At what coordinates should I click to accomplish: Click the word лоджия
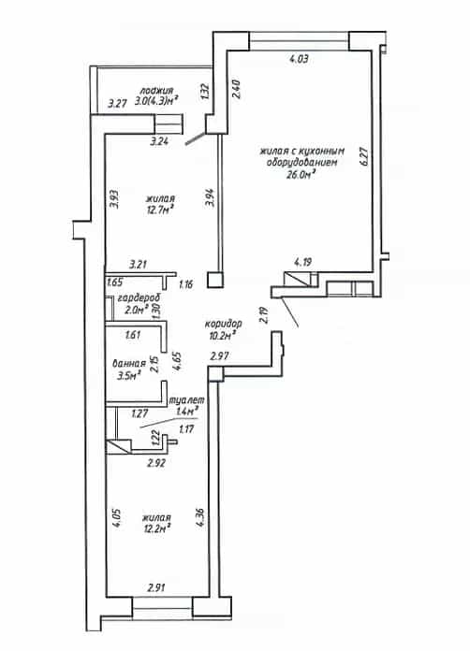(x=156, y=91)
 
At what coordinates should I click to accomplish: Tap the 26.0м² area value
(x=300, y=174)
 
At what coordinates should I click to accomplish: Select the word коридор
(x=223, y=324)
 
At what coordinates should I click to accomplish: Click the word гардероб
(x=139, y=298)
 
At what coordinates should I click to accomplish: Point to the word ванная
(x=129, y=363)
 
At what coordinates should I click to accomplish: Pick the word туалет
(x=186, y=400)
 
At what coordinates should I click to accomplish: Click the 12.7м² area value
(x=160, y=210)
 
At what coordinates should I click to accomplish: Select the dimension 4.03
(x=299, y=59)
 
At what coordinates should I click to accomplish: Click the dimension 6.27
(x=364, y=156)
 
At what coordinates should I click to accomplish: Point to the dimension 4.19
(x=303, y=262)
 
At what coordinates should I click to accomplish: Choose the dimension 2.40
(x=236, y=89)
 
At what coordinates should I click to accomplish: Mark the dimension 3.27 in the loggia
(x=117, y=103)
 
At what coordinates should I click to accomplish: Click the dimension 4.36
(x=201, y=517)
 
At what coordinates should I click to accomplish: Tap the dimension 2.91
(x=157, y=587)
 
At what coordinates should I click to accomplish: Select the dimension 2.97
(x=219, y=355)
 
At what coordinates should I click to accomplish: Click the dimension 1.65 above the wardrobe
(x=115, y=282)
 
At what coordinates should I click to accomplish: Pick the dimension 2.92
(x=156, y=463)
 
